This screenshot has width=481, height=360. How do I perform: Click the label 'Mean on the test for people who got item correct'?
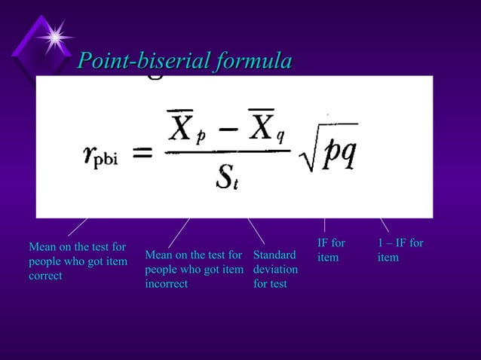click(x=77, y=261)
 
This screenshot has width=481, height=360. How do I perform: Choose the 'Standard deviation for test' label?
click(x=275, y=269)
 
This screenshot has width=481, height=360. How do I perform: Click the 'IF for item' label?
click(x=331, y=250)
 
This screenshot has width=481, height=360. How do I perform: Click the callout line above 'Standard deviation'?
click(x=256, y=230)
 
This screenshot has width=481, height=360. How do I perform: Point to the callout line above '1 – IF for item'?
click(x=384, y=224)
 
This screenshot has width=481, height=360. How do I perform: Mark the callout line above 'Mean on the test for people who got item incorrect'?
click(x=179, y=233)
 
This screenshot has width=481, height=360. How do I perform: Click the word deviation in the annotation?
click(x=275, y=269)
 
